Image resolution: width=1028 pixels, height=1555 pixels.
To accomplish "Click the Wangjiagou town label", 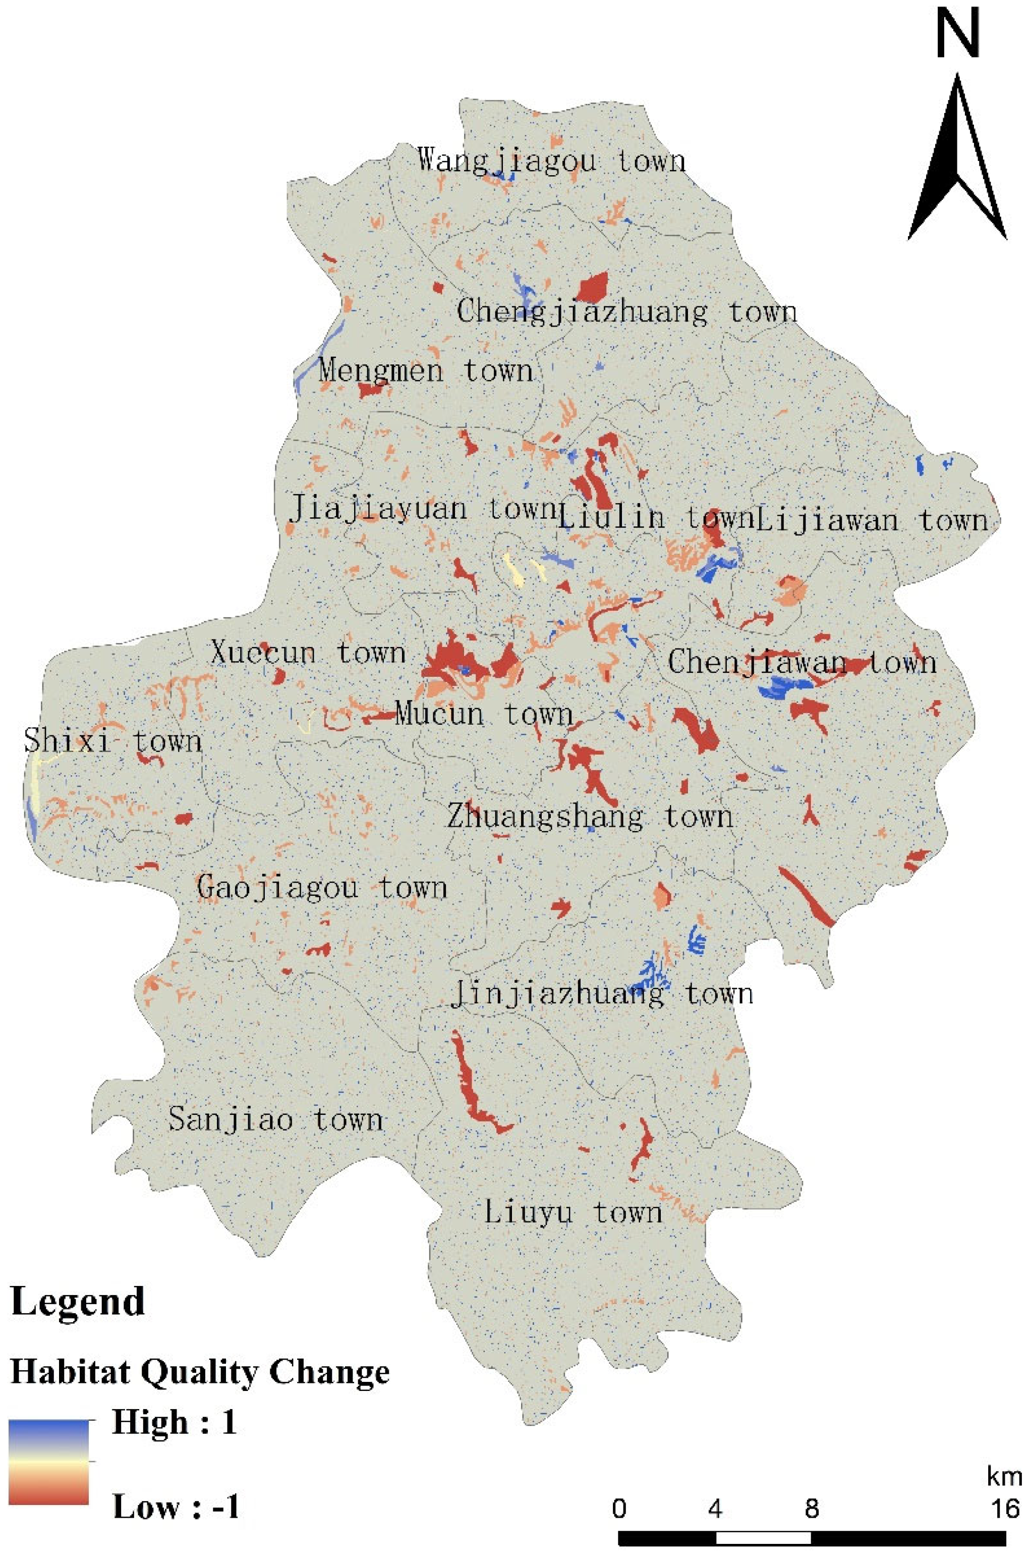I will coord(551,160).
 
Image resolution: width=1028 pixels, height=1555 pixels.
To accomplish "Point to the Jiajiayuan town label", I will coord(423,508).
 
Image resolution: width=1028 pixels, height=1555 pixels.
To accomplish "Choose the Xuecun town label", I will coord(308,653).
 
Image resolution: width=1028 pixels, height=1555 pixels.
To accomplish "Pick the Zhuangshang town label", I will coord(589,817).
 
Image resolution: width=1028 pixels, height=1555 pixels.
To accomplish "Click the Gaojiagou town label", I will coord(322,888).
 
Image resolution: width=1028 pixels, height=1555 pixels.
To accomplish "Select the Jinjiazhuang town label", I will coord(601,994).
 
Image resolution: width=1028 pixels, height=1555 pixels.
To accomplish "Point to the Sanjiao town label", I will coord(275,1119).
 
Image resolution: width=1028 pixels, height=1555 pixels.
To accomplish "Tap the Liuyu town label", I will coord(573,1212).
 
